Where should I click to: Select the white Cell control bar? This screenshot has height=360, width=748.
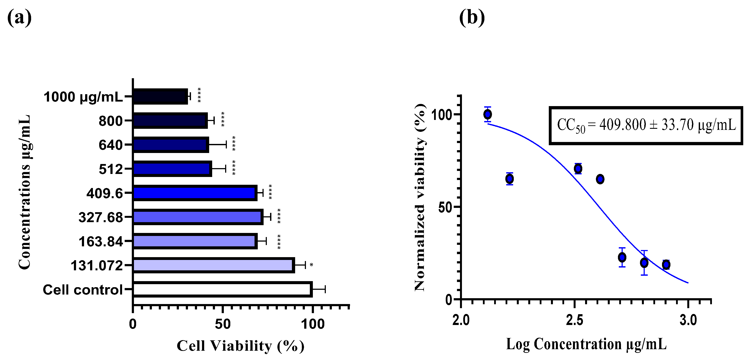point(222,290)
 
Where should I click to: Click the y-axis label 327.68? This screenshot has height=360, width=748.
point(101,217)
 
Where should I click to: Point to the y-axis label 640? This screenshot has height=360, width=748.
point(111,145)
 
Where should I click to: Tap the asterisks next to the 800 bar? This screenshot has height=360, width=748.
point(223,119)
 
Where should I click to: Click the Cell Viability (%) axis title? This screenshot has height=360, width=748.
point(240,346)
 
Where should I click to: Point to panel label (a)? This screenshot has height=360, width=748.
point(19,18)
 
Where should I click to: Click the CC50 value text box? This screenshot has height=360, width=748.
point(646,125)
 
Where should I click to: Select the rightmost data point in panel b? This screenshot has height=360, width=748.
point(666,264)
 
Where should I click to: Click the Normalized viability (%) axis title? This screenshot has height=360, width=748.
point(420,198)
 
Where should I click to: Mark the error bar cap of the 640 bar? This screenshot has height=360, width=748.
point(226,144)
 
